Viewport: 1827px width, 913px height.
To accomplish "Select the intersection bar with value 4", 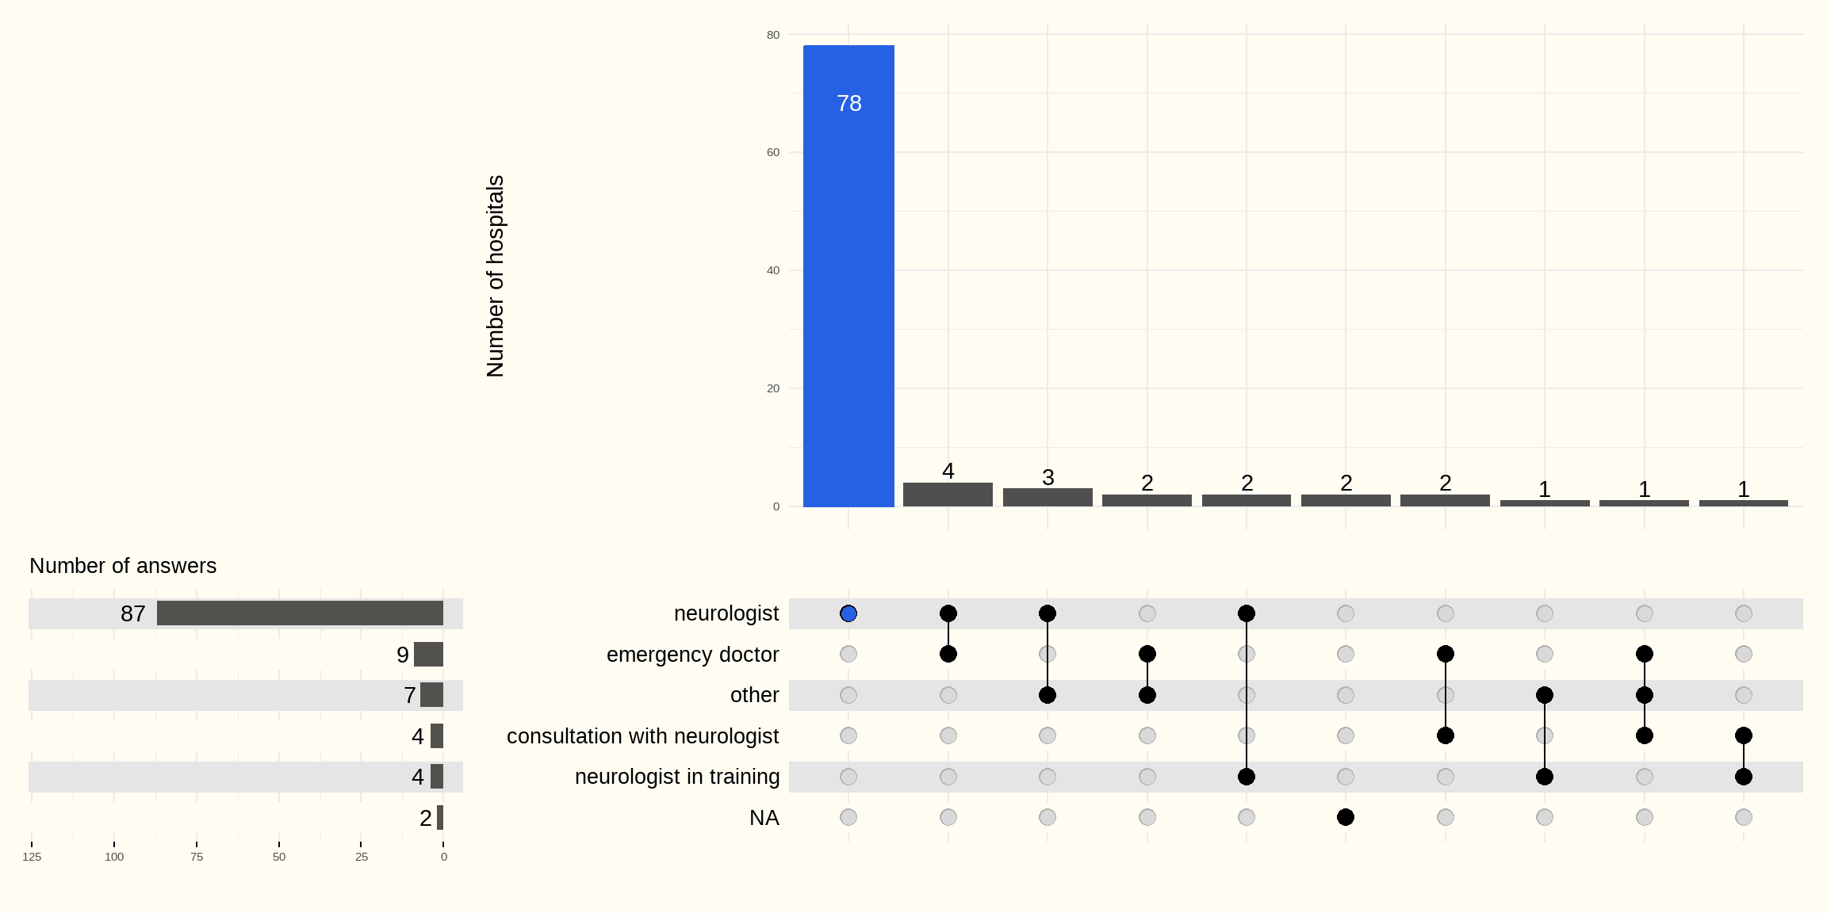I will click(948, 495).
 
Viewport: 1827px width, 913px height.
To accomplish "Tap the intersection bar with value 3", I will click(1048, 498).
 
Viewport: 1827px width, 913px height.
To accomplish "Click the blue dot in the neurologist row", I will click(848, 613).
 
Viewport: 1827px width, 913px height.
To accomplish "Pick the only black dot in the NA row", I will click(1346, 817).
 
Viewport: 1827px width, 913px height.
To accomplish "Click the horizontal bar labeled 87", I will click(300, 613).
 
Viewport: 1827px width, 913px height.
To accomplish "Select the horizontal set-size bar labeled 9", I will click(428, 655).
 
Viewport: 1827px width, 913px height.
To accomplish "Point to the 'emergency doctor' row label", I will click(692, 655).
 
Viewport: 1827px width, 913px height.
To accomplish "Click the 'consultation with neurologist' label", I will click(642, 736).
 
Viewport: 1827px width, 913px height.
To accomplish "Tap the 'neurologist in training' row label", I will click(676, 777).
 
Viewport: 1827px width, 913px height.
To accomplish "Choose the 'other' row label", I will click(754, 695).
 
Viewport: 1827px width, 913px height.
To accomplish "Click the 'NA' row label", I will click(764, 818).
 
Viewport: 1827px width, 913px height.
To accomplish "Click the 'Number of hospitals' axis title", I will click(495, 276).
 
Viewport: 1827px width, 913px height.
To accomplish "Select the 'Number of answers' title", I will click(123, 566).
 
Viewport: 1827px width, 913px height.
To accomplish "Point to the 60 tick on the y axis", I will click(773, 152).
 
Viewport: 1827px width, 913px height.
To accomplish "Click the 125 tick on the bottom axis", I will click(32, 857).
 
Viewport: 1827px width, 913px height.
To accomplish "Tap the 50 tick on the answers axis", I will click(279, 857).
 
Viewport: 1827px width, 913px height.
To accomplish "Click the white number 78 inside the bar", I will click(848, 104).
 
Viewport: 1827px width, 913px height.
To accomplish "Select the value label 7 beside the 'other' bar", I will click(409, 695).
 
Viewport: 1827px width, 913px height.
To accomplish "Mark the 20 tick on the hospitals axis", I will click(773, 388).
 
